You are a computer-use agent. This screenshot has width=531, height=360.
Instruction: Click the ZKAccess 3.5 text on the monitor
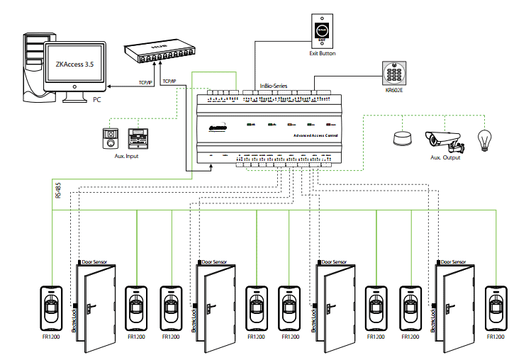pos(74,64)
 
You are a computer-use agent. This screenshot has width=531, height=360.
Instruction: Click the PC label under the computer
pos(97,100)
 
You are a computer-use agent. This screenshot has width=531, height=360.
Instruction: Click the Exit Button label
pos(323,54)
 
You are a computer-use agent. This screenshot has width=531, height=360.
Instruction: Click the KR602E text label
pos(392,90)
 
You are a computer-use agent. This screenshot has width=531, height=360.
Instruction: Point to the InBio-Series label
pos(273,86)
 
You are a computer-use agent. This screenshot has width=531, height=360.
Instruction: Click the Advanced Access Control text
pos(315,135)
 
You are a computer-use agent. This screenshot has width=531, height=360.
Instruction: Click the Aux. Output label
pos(446,158)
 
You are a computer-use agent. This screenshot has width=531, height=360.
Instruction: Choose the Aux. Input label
pos(125,155)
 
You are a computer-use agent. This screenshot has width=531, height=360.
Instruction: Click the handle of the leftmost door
pos(91,308)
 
